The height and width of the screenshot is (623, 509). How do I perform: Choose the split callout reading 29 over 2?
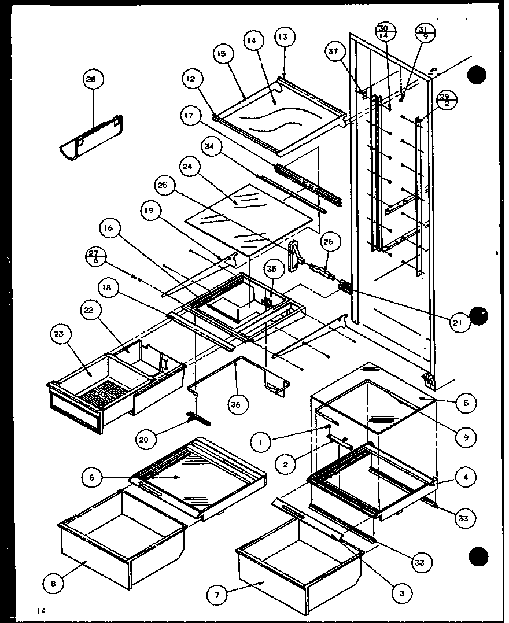[x=444, y=99]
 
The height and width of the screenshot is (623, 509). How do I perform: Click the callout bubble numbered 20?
[x=145, y=440]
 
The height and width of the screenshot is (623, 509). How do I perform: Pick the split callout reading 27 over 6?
[x=93, y=257]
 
